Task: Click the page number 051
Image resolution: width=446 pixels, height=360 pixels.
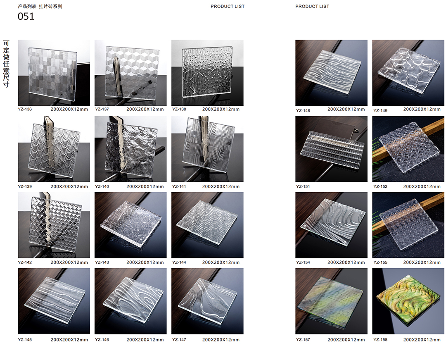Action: click(x=26, y=16)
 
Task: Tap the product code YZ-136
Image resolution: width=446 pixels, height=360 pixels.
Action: click(x=25, y=109)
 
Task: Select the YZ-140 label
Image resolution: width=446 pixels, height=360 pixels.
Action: click(x=102, y=187)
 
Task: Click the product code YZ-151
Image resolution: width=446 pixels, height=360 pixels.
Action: click(x=303, y=187)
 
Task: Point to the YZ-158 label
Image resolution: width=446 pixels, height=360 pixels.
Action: click(x=380, y=340)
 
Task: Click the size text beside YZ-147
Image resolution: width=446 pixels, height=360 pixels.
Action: click(x=221, y=340)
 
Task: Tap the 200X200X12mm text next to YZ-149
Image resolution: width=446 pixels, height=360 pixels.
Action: click(x=422, y=109)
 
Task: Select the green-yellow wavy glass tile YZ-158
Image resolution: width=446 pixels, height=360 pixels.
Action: click(x=408, y=301)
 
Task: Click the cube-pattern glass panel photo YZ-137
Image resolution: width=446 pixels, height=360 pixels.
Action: click(x=130, y=73)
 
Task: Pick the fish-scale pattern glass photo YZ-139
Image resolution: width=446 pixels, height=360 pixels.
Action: click(x=54, y=149)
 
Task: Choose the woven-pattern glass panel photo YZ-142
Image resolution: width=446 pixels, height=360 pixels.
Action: click(x=54, y=225)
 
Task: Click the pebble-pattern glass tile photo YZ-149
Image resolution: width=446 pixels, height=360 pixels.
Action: click(x=408, y=73)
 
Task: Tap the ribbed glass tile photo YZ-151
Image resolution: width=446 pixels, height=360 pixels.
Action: click(x=331, y=149)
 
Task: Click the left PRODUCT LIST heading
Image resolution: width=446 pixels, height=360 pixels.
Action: click(x=228, y=6)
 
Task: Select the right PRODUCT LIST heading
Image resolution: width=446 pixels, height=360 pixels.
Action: click(x=312, y=6)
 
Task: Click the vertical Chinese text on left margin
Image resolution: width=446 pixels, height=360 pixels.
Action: click(x=6, y=64)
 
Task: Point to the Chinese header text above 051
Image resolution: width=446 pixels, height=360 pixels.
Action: click(x=40, y=6)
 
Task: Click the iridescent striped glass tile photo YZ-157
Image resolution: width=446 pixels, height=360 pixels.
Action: click(x=331, y=301)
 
